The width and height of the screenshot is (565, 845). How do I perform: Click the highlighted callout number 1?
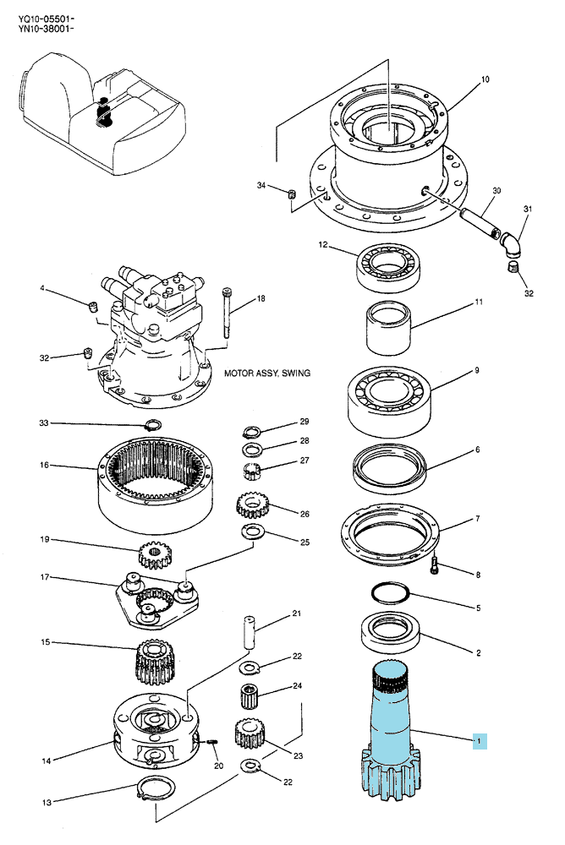[x=480, y=741]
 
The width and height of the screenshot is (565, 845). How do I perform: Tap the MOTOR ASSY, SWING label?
[x=267, y=373]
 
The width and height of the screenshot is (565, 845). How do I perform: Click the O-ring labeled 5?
[x=390, y=593]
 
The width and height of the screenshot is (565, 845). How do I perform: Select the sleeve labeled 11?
[x=388, y=327]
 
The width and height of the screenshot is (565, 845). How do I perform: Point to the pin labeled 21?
[x=248, y=632]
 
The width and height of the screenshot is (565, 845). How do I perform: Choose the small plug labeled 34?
[x=291, y=194]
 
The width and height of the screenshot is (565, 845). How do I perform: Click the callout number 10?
[x=485, y=79]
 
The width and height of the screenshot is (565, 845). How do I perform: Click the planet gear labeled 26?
[x=253, y=505]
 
